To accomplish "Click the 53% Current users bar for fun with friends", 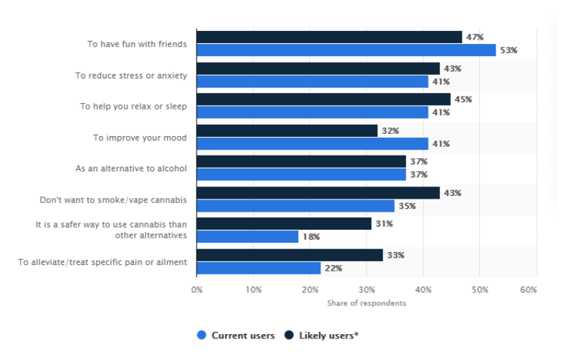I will pyautogui.click(x=346, y=50).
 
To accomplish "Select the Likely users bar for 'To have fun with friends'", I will pyautogui.click(x=329, y=37).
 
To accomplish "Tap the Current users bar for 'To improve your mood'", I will pyautogui.click(x=312, y=143).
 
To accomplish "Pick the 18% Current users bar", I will pyautogui.click(x=247, y=237).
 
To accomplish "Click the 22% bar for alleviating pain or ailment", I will pyautogui.click(x=259, y=268).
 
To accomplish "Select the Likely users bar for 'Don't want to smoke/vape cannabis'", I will pyautogui.click(x=318, y=193).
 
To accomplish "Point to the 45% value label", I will pyautogui.click(x=462, y=99).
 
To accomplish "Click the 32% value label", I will pyautogui.click(x=390, y=131).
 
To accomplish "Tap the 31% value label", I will pyautogui.click(x=384, y=224).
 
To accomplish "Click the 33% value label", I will pyautogui.click(x=395, y=255).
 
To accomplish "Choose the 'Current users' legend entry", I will pyautogui.click(x=236, y=336).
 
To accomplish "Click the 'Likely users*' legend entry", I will pyautogui.click(x=321, y=336).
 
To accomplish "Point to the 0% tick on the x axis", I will pyautogui.click(x=197, y=290).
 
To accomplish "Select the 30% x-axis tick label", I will pyautogui.click(x=367, y=290).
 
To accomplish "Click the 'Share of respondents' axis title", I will pyautogui.click(x=366, y=303).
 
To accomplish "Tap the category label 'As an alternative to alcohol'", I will pyautogui.click(x=131, y=168).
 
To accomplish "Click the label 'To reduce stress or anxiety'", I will pyautogui.click(x=131, y=75).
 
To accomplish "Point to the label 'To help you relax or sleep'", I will pyautogui.click(x=133, y=106).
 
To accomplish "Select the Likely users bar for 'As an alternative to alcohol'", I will pyautogui.click(x=301, y=162).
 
